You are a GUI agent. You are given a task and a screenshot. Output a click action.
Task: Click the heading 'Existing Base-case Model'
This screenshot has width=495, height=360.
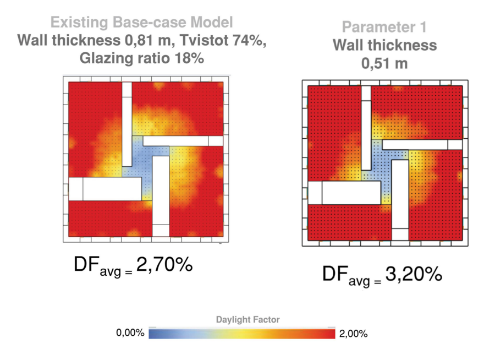pyautogui.click(x=141, y=23)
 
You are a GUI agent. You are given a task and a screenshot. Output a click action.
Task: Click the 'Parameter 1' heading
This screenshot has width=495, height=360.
pyautogui.click(x=384, y=27)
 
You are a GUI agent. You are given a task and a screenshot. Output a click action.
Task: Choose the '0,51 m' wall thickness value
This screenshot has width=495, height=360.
pyautogui.click(x=384, y=63)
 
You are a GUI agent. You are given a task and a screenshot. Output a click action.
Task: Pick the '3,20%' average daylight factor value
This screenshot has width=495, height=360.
pyautogui.click(x=413, y=274)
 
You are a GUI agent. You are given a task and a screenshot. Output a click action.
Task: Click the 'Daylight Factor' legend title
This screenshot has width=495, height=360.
pyautogui.click(x=248, y=319)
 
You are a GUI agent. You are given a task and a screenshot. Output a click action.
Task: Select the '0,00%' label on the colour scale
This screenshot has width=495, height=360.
pyautogui.click(x=130, y=333)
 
